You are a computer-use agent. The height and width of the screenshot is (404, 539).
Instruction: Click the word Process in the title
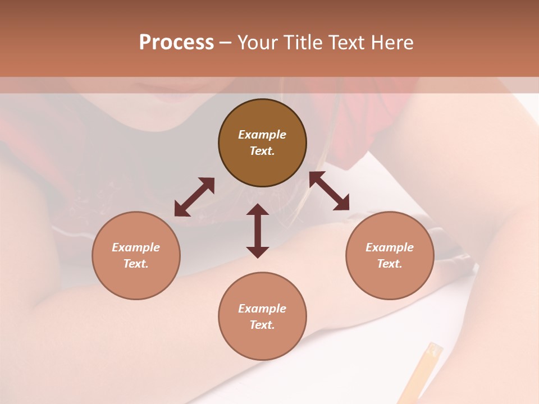(x=176, y=43)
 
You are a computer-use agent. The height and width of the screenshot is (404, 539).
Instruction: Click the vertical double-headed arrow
(x=258, y=231)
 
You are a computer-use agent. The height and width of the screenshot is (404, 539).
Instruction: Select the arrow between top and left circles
(x=194, y=197)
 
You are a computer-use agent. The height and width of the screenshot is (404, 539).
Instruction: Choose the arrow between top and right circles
(x=330, y=191)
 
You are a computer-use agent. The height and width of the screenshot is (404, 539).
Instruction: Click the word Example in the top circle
(x=262, y=135)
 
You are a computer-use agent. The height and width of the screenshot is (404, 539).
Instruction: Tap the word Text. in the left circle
(x=136, y=264)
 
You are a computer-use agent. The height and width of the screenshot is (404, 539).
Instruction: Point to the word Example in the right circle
(x=390, y=247)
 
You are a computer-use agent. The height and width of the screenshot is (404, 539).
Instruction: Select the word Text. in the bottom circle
(x=262, y=325)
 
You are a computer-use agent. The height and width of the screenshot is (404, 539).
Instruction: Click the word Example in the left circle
(x=136, y=247)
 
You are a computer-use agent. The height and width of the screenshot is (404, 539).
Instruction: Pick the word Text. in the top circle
(x=262, y=151)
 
